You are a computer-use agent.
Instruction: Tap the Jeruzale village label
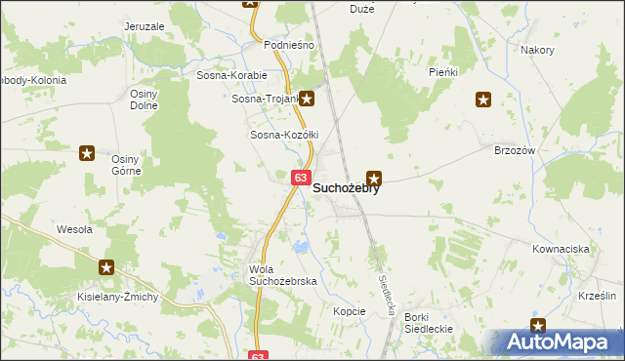[145, 26]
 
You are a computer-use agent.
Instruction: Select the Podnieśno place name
[289, 45]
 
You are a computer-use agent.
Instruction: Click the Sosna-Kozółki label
[285, 135]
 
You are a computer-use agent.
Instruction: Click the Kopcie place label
[349, 311]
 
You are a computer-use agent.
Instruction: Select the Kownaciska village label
[561, 249]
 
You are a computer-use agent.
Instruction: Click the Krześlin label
[596, 295]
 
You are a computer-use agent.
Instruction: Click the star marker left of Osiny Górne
[87, 152]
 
